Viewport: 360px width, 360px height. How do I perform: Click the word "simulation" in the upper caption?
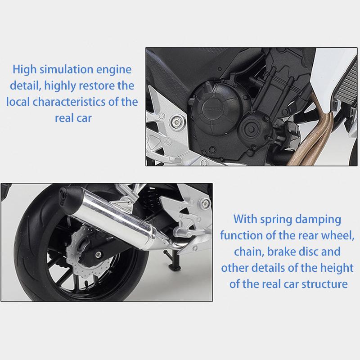coord(66,69)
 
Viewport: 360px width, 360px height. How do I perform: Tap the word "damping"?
coord(318,220)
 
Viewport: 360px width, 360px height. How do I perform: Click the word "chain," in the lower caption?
coord(249,252)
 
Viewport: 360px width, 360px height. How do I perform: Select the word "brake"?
coord(281,252)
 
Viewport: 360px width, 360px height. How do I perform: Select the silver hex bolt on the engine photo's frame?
coord(176,121)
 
